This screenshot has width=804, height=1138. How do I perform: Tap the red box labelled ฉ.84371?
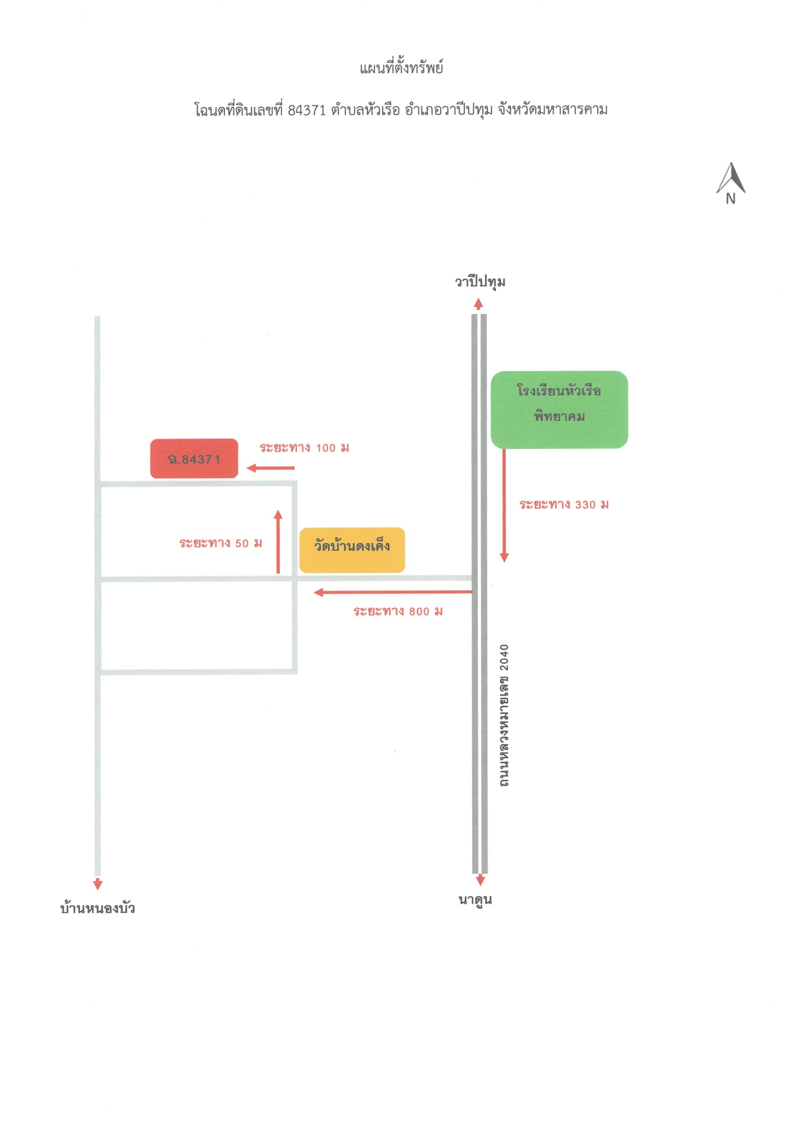(x=194, y=459)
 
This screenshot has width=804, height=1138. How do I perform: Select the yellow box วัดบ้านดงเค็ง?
(x=352, y=550)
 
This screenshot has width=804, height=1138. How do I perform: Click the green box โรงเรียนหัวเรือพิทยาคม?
(x=560, y=409)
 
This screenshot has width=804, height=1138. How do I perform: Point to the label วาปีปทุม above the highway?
(x=480, y=282)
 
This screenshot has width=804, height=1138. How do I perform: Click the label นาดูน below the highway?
(x=475, y=901)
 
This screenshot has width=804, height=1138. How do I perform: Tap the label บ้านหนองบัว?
(x=97, y=908)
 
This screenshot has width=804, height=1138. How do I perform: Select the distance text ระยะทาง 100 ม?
(x=304, y=448)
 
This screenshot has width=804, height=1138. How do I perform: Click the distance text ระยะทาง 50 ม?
(x=220, y=543)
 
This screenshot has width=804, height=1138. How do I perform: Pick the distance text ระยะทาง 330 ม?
(x=564, y=505)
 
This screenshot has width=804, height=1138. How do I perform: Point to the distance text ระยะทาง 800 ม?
(x=398, y=611)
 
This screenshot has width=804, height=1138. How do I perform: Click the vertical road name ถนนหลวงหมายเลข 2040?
(x=504, y=716)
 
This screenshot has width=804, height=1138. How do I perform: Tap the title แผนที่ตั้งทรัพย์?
(x=401, y=67)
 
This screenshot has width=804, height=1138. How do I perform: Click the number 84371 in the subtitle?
(x=307, y=110)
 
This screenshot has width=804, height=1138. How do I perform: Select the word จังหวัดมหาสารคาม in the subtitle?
(x=552, y=110)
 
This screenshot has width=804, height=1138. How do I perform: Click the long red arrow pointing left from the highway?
(x=393, y=592)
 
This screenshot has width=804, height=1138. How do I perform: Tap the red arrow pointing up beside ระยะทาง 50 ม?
(x=278, y=542)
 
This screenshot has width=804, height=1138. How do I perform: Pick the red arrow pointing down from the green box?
(x=504, y=505)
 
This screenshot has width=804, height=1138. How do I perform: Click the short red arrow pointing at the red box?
(x=270, y=468)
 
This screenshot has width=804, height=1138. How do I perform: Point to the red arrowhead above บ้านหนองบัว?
(x=98, y=884)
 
